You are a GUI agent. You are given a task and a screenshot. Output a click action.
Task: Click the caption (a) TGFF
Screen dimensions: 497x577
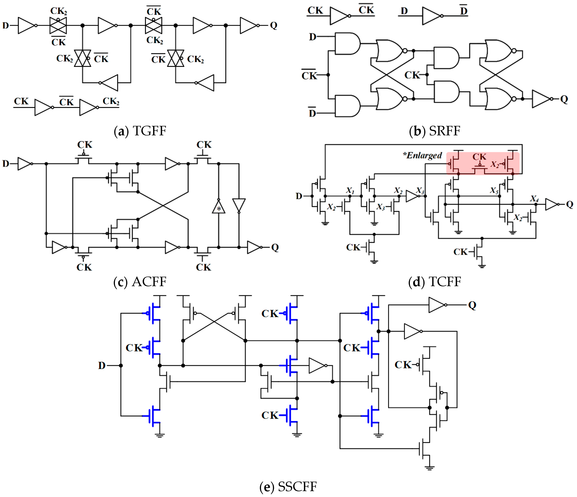click(x=140, y=131)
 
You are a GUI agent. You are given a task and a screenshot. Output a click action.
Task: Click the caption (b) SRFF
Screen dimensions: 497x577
click(x=435, y=131)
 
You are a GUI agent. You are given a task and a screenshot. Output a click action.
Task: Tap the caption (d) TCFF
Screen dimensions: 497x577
click(x=435, y=282)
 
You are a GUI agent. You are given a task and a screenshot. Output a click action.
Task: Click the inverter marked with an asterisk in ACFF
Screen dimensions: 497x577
click(x=219, y=207)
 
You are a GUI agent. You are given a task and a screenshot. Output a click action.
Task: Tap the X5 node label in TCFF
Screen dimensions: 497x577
click(x=494, y=190)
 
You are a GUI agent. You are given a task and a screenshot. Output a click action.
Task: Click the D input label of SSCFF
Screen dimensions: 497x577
click(x=102, y=365)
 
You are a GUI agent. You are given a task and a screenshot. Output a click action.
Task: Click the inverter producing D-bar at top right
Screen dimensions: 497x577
click(x=431, y=16)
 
